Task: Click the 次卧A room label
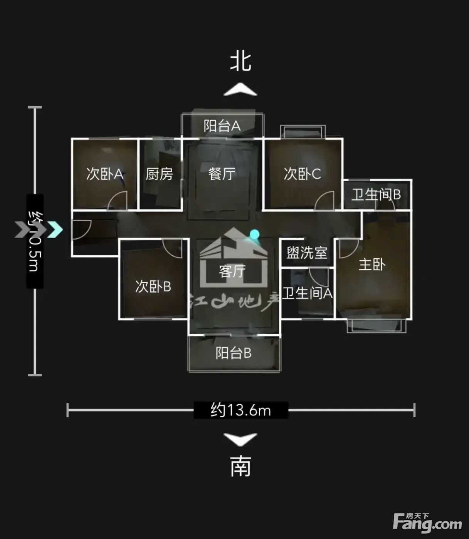[104, 174]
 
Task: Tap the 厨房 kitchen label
[159, 174]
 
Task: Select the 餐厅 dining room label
[222, 174]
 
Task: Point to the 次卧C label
[302, 174]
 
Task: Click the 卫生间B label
[376, 195]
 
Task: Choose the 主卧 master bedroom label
[372, 265]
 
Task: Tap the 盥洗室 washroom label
[307, 253]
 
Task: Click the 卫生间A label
[307, 293]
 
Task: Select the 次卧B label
[153, 286]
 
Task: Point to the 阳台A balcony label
[222, 126]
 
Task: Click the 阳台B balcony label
[234, 353]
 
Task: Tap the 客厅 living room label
[232, 272]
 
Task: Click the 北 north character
[241, 62]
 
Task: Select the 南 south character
[241, 466]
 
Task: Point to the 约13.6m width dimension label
[241, 410]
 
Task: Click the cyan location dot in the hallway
[254, 234]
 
